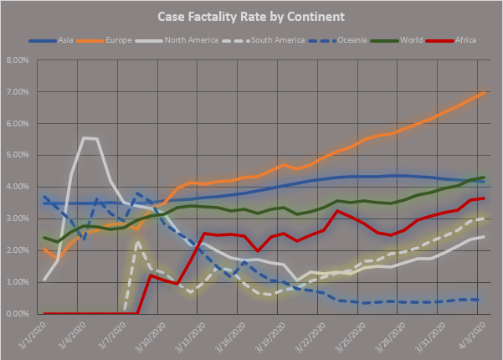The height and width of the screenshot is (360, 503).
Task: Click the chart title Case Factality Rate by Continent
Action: (251, 16)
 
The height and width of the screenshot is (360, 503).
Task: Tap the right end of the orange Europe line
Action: (484, 92)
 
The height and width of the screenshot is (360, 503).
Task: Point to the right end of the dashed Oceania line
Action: (478, 300)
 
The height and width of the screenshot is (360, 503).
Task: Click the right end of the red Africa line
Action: (484, 198)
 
